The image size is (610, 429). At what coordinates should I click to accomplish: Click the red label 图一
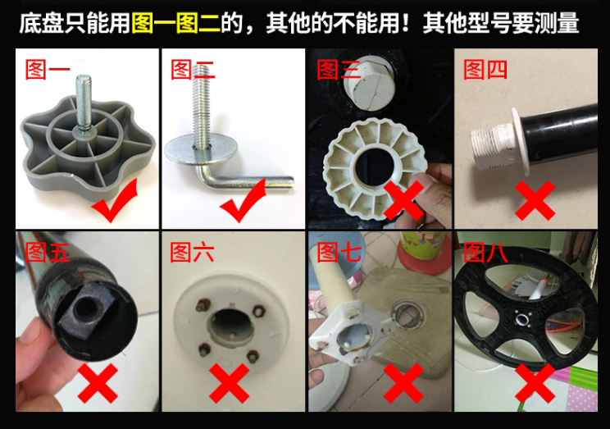pos(47,70)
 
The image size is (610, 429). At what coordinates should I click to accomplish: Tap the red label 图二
pos(193,70)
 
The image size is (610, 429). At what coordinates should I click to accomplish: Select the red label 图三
pos(339,70)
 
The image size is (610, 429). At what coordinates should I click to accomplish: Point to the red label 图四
pos(485,70)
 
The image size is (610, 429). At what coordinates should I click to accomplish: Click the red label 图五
pos(47,252)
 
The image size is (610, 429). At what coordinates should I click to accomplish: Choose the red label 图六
pos(193,252)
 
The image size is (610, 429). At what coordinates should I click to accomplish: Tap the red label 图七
pos(339,252)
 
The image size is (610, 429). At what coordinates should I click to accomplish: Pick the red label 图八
pos(485,252)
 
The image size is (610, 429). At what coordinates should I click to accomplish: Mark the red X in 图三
pos(403,200)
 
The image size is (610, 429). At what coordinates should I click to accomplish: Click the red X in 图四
pos(535,200)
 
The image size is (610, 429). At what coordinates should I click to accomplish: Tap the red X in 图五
pos(98,383)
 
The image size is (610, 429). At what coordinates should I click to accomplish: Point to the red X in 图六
pos(229,383)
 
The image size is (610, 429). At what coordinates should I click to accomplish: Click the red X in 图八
pos(535,383)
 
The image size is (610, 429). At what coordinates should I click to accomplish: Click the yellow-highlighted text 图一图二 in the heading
pos(176,23)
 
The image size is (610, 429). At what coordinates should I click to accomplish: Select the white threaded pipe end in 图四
pos(491,146)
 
